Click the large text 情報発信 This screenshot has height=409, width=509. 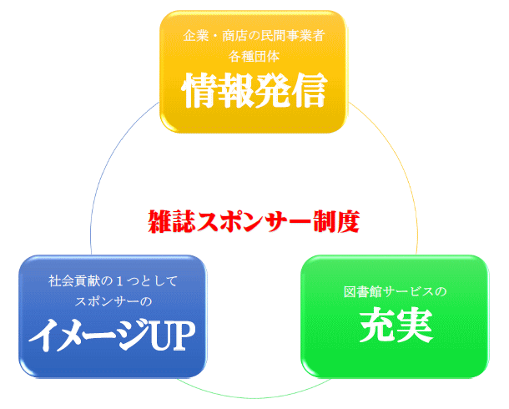pyautogui.click(x=254, y=90)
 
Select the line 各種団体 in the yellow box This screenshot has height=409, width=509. pyautogui.click(x=254, y=57)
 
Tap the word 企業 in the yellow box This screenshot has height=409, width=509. pyautogui.click(x=196, y=35)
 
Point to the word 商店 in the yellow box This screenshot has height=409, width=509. pyautogui.click(x=234, y=35)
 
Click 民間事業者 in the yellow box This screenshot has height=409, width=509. pyautogui.click(x=293, y=35)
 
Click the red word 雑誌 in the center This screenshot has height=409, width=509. pyautogui.click(x=172, y=221)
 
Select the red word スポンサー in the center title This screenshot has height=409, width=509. pyautogui.click(x=254, y=221)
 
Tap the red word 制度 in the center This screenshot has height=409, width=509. pyautogui.click(x=336, y=221)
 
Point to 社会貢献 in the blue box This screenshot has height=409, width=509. pyautogui.click(x=73, y=280)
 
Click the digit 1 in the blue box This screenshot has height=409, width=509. pyautogui.click(x=119, y=281)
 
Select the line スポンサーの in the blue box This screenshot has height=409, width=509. pyautogui.click(x=113, y=301)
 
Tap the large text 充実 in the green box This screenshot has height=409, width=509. pyautogui.click(x=396, y=325)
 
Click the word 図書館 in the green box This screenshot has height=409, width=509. pyautogui.click(x=363, y=291)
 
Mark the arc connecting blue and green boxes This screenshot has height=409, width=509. pyautogui.click(x=254, y=397)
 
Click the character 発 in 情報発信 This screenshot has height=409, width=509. pyautogui.click(x=272, y=90)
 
